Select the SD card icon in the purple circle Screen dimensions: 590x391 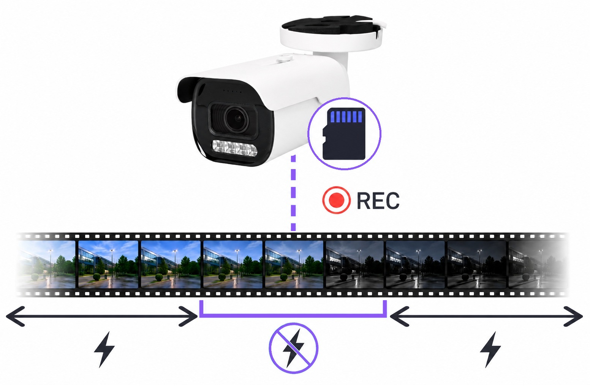344,134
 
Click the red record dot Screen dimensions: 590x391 336,200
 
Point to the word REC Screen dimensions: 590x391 378,201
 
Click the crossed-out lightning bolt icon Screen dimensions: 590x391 293,348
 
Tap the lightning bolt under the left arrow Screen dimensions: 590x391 104,349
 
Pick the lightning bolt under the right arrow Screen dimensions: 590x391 490,349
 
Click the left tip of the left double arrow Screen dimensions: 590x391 6,316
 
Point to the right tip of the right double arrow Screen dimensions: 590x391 582,316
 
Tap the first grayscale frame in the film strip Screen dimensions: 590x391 354,264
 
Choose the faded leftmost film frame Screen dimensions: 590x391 46,264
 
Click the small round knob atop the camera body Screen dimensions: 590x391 284,58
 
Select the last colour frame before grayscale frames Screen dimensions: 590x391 294,264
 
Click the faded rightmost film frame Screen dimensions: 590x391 537,264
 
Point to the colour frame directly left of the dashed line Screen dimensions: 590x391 233,264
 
